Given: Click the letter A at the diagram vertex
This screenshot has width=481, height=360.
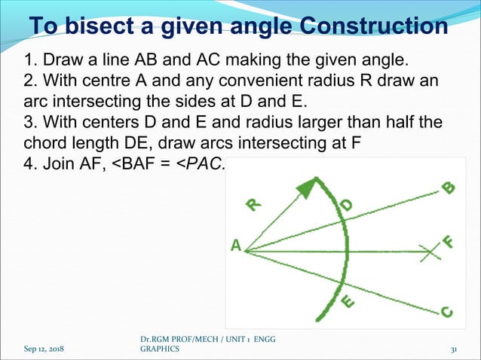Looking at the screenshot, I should point(236,246).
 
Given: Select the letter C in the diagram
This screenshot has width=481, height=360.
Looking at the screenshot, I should point(446,310).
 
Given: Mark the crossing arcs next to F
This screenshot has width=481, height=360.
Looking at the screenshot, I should point(430,252).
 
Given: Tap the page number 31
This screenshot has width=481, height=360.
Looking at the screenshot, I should point(455,350).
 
